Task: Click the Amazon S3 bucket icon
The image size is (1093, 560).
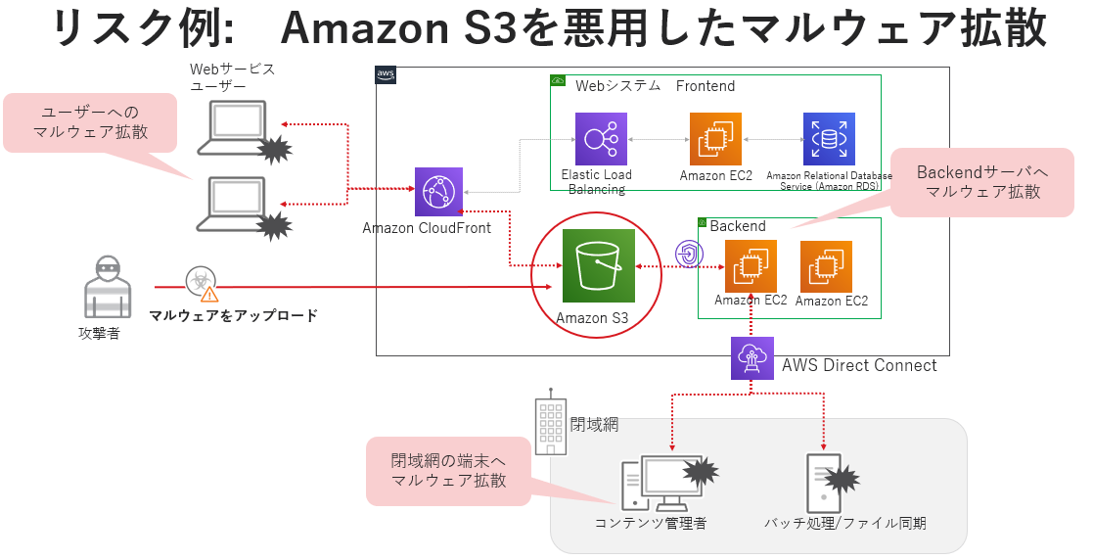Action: click(599, 266)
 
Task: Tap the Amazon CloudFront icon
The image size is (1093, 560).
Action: click(438, 192)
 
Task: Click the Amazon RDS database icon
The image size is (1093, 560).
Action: click(829, 139)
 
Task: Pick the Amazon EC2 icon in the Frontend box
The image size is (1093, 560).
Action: click(715, 139)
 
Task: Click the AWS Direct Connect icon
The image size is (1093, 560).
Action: click(751, 358)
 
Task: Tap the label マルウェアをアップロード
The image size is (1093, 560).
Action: click(233, 315)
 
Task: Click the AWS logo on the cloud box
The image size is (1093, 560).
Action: click(386, 75)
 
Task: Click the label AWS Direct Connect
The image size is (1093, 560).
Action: click(859, 365)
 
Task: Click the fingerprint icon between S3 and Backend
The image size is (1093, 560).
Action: click(689, 254)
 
